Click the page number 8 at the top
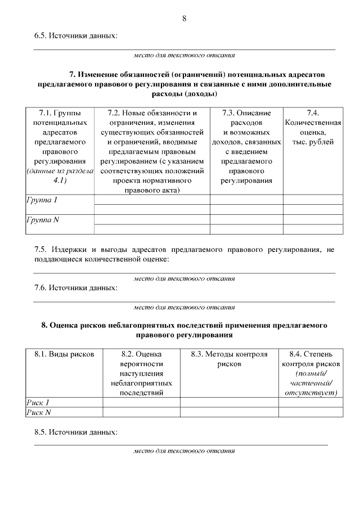184,19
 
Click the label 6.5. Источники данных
76,37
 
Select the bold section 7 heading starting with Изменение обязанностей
184,84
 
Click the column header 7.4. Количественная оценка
313,118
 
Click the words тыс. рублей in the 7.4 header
313,142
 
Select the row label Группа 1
42,200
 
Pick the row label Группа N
43,220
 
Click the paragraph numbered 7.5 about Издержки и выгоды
184,253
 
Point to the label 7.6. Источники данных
76,288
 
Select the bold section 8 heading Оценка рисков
184,330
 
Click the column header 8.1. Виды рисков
64,354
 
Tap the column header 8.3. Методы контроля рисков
228,359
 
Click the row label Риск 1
38,402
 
